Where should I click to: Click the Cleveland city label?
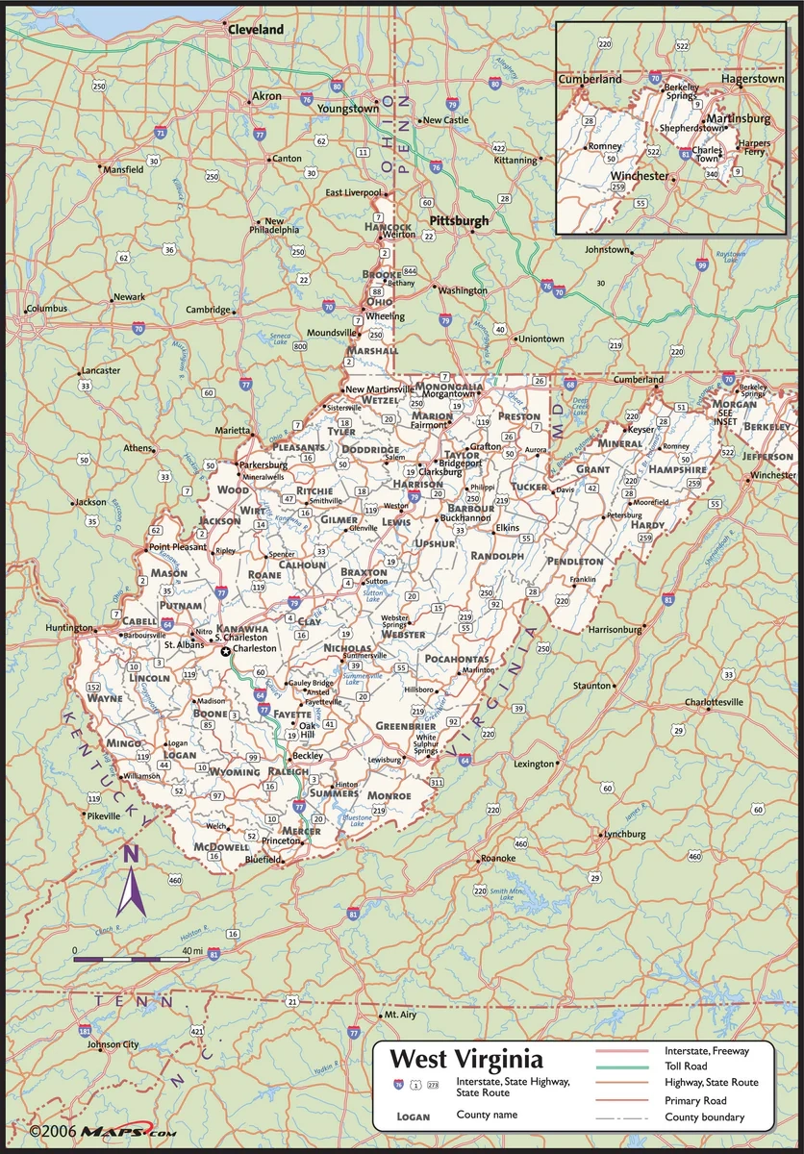(x=256, y=30)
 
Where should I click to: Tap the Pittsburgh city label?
(x=459, y=221)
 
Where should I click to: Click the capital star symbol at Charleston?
(x=226, y=651)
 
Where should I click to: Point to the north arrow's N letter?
(x=132, y=853)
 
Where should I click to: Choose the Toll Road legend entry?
(x=685, y=1066)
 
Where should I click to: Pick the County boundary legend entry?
(x=704, y=1116)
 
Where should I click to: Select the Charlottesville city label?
(x=713, y=702)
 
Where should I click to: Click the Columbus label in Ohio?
(x=46, y=308)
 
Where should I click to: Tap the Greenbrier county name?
(x=401, y=725)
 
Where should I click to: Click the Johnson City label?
(x=113, y=1044)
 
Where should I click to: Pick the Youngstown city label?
(x=348, y=109)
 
